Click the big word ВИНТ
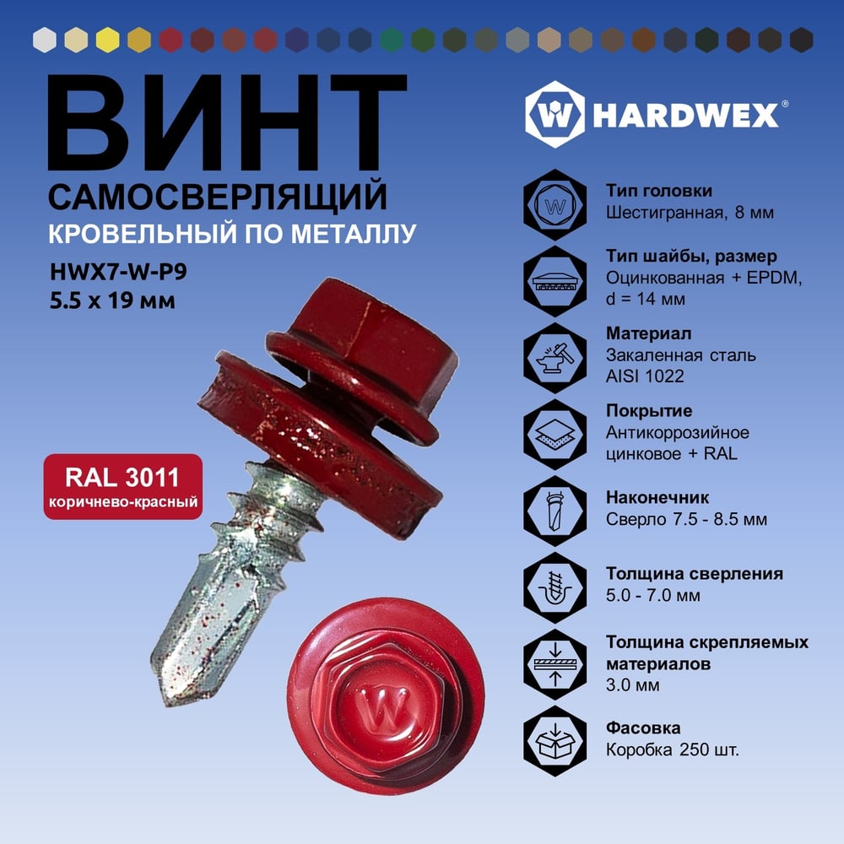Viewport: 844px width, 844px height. (x=227, y=122)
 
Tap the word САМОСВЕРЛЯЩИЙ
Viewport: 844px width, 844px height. (x=218, y=197)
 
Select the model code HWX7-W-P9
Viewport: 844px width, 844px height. (x=118, y=272)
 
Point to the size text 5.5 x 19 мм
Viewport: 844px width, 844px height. (x=112, y=300)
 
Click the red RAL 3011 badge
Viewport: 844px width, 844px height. (x=123, y=487)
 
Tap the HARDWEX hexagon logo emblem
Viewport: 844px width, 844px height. (x=555, y=115)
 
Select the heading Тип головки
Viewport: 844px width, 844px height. (x=659, y=191)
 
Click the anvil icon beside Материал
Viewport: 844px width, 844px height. (x=555, y=358)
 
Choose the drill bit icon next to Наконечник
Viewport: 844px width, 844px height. (x=555, y=511)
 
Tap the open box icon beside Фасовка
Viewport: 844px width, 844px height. (x=555, y=741)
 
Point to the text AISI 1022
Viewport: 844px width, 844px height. (x=645, y=376)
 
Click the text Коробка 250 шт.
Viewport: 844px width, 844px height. (x=673, y=749)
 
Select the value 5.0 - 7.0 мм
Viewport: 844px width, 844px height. (x=653, y=596)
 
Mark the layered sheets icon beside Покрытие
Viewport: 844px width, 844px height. (x=555, y=435)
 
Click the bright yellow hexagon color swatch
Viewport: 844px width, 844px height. (x=108, y=41)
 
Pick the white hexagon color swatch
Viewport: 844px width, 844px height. (x=45, y=41)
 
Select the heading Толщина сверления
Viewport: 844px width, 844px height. (x=695, y=574)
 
